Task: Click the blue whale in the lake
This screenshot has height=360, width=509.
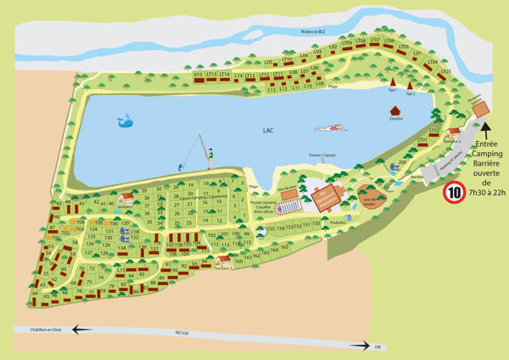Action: click(x=126, y=121)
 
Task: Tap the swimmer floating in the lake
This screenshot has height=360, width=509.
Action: click(x=329, y=128)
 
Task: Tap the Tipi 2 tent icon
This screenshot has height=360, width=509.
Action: click(x=411, y=86)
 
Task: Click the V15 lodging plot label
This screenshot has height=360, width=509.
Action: click(x=199, y=75)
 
